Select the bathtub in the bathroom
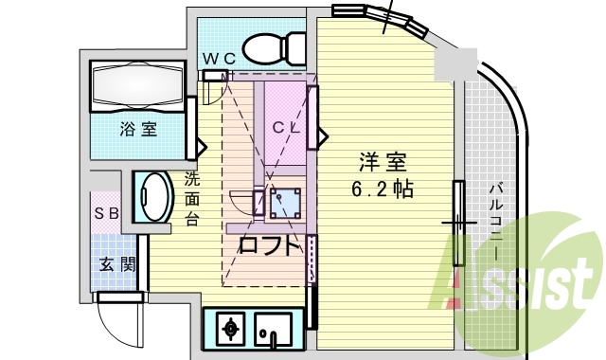(138, 87)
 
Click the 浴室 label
(138, 129)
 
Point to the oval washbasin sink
(151, 197)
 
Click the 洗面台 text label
(192, 198)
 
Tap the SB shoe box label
(105, 213)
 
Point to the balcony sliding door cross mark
(458, 224)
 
